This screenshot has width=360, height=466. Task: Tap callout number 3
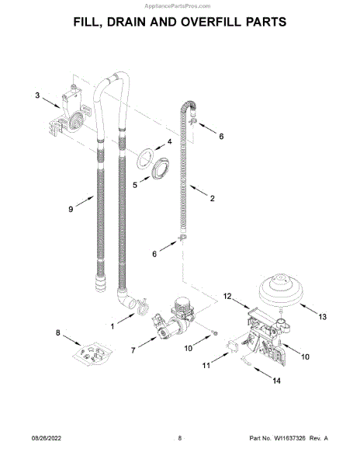pyautogui.click(x=37, y=95)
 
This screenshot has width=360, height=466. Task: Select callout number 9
pyautogui.click(x=71, y=209)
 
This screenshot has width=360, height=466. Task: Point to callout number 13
pyautogui.click(x=322, y=317)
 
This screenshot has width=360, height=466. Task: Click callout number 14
pyautogui.click(x=276, y=381)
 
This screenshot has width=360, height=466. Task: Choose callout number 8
pyautogui.click(x=58, y=332)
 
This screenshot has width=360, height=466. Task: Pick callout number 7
pyautogui.click(x=133, y=350)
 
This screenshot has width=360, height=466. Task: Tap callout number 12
pyautogui.click(x=227, y=297)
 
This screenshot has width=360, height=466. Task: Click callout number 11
pyautogui.click(x=206, y=365)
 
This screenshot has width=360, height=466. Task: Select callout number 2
pyautogui.click(x=213, y=198)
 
